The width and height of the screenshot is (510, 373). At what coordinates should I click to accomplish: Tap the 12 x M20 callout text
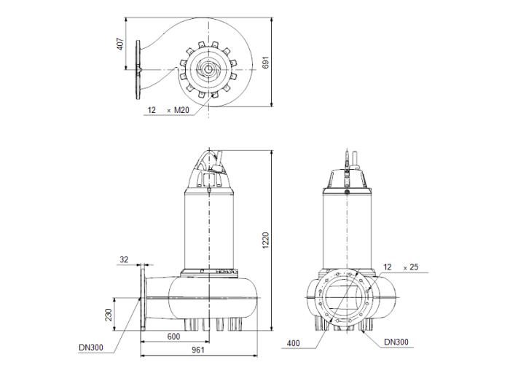168,110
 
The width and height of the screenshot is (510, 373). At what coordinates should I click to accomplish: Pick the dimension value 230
109,315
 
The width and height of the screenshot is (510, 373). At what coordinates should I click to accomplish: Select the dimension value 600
173,336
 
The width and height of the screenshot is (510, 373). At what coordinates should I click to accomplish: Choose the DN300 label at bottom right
396,342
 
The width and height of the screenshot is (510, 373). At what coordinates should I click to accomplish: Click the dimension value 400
293,342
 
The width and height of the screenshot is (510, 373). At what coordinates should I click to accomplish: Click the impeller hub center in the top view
208,70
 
